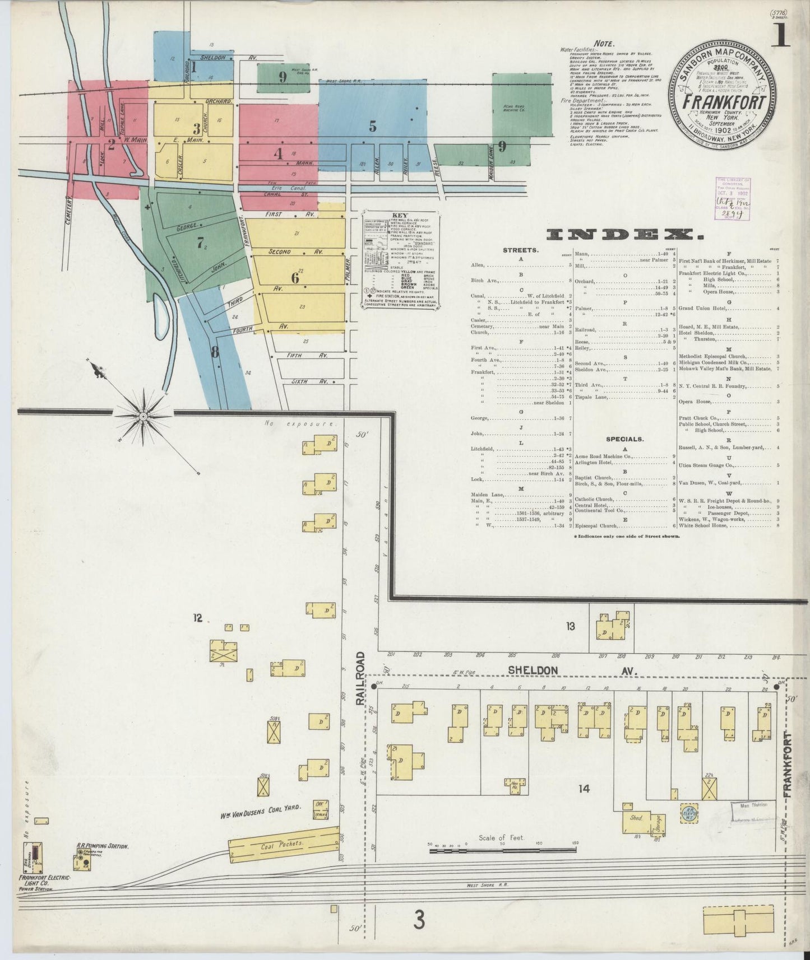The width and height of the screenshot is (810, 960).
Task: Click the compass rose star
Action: point(144,416)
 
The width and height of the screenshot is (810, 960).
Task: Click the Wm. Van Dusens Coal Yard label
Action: point(261,807)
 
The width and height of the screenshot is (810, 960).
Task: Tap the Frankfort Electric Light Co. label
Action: point(44,882)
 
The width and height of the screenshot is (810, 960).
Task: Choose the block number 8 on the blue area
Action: point(215,352)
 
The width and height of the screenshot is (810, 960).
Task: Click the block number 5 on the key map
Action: point(372,127)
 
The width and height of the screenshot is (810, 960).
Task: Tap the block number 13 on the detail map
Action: point(571,626)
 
